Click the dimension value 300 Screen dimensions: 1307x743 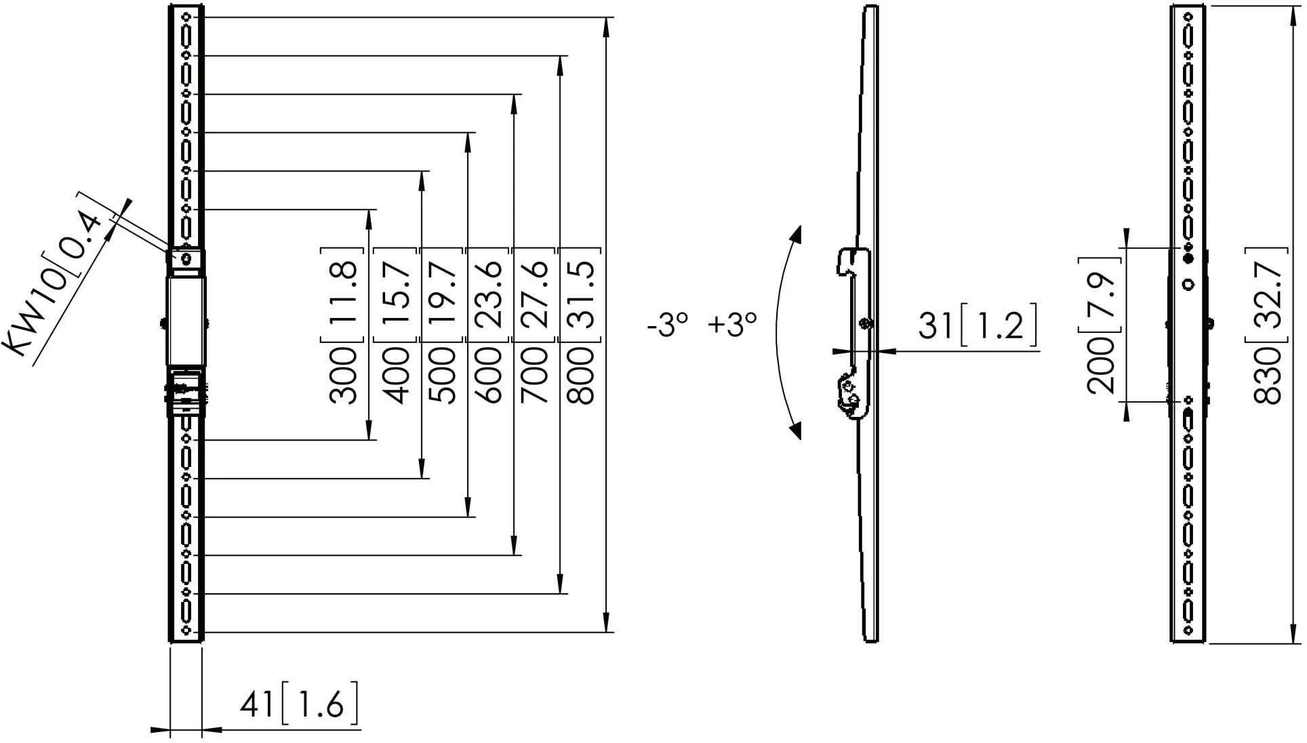[343, 375]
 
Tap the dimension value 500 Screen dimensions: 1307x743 [443, 375]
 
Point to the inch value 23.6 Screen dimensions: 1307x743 [489, 294]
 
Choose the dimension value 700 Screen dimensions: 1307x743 [535, 375]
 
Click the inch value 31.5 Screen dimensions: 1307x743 [581, 294]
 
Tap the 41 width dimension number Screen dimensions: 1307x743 [256, 706]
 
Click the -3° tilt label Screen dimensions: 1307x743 [668, 325]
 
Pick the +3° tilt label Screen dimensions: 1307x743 [733, 325]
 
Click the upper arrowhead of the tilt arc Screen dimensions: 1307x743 [796, 235]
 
